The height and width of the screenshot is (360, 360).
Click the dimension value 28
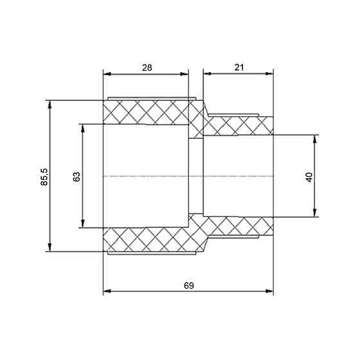(147, 67)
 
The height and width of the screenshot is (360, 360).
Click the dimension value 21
(239, 67)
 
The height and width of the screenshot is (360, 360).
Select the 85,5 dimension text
(44, 177)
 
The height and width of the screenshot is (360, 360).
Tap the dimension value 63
(76, 177)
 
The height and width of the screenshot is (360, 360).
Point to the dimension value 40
(309, 177)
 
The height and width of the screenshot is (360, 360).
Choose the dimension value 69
(189, 285)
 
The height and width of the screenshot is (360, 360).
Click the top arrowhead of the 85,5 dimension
(50, 104)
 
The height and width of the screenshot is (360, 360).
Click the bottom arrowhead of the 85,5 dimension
(50, 248)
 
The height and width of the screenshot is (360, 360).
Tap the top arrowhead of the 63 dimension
(83, 128)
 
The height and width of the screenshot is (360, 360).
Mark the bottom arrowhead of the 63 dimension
(83, 224)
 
